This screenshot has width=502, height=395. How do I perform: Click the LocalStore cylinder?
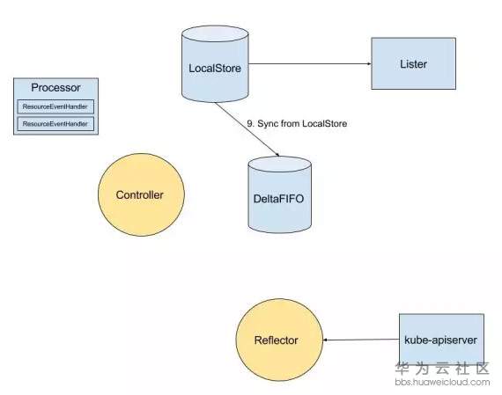(215, 64)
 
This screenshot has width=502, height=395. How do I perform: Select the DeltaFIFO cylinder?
(280, 194)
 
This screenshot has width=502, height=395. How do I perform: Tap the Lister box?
(414, 63)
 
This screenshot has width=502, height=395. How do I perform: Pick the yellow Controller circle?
(141, 194)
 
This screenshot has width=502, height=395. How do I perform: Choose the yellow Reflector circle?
(279, 340)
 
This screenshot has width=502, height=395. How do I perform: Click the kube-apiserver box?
(441, 340)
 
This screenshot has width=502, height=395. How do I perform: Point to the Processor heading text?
(55, 88)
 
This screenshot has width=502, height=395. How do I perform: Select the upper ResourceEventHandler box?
(55, 106)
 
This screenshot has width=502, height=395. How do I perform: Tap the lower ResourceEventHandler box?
(55, 124)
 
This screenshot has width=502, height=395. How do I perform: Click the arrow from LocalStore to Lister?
(310, 63)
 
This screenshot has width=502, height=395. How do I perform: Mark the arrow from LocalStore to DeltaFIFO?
(247, 129)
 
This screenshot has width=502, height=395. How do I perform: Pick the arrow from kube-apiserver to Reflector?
(361, 340)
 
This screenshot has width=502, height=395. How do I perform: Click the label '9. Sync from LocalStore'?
(297, 123)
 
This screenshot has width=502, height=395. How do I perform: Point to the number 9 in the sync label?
(249, 123)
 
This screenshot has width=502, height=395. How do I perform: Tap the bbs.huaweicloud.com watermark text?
(442, 382)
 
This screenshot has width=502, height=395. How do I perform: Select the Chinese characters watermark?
(442, 369)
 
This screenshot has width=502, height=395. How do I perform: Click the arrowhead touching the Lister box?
(369, 63)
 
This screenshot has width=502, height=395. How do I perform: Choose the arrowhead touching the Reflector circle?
(325, 340)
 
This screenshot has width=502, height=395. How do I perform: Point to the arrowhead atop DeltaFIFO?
(278, 155)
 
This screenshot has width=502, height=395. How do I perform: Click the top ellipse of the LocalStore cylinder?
(215, 34)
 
